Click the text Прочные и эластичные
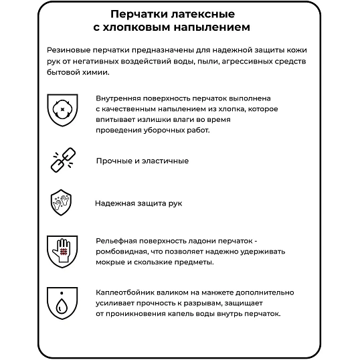coord(142,161)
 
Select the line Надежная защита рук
coord(138,203)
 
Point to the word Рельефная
coord(118,240)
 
